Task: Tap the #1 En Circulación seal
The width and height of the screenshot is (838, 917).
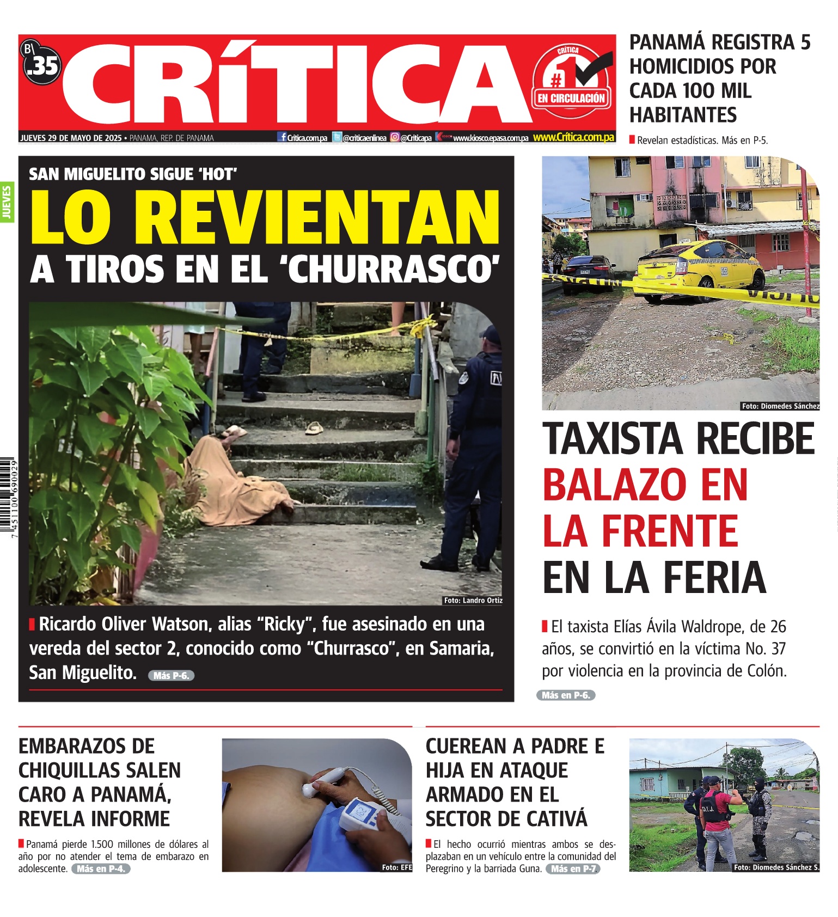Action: click(571, 82)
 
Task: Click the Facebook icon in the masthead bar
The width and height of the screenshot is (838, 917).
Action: click(282, 137)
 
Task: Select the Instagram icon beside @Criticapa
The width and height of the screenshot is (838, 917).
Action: click(395, 138)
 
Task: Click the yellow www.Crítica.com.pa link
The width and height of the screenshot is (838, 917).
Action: click(573, 137)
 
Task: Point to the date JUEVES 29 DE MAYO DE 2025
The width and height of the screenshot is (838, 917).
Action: click(71, 138)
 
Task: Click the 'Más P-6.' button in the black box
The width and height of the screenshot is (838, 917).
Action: click(171, 675)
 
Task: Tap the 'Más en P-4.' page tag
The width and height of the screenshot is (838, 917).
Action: click(101, 869)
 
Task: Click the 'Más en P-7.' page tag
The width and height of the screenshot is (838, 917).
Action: click(574, 869)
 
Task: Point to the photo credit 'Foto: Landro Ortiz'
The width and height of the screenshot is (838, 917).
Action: click(473, 600)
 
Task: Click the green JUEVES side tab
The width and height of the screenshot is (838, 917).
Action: click(7, 202)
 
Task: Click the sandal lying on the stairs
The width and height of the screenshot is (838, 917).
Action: click(314, 428)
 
